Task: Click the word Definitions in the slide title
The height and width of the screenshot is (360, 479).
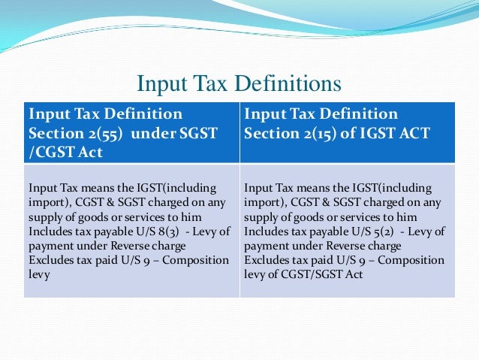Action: point(291,83)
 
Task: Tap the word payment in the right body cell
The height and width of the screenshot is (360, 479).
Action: point(268,245)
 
